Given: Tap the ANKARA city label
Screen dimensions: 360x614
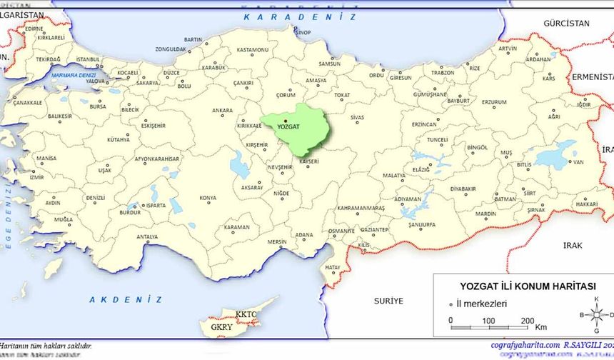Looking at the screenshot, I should pos(222,111).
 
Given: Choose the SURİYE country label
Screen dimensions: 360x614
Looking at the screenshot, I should pos(388,301).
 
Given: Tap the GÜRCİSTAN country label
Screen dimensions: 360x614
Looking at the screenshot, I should pos(566,24).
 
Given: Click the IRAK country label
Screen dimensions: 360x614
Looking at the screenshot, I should pos(572,245).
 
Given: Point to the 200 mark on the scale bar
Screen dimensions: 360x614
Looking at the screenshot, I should pos(528,320).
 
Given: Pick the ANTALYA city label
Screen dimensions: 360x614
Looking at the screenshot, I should pos(147,236).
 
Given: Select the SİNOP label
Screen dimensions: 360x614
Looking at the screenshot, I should pos(303,32).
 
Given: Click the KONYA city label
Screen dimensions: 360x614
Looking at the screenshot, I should pos(208,198).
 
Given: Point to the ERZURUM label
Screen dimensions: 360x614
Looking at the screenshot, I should pos(493,102).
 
